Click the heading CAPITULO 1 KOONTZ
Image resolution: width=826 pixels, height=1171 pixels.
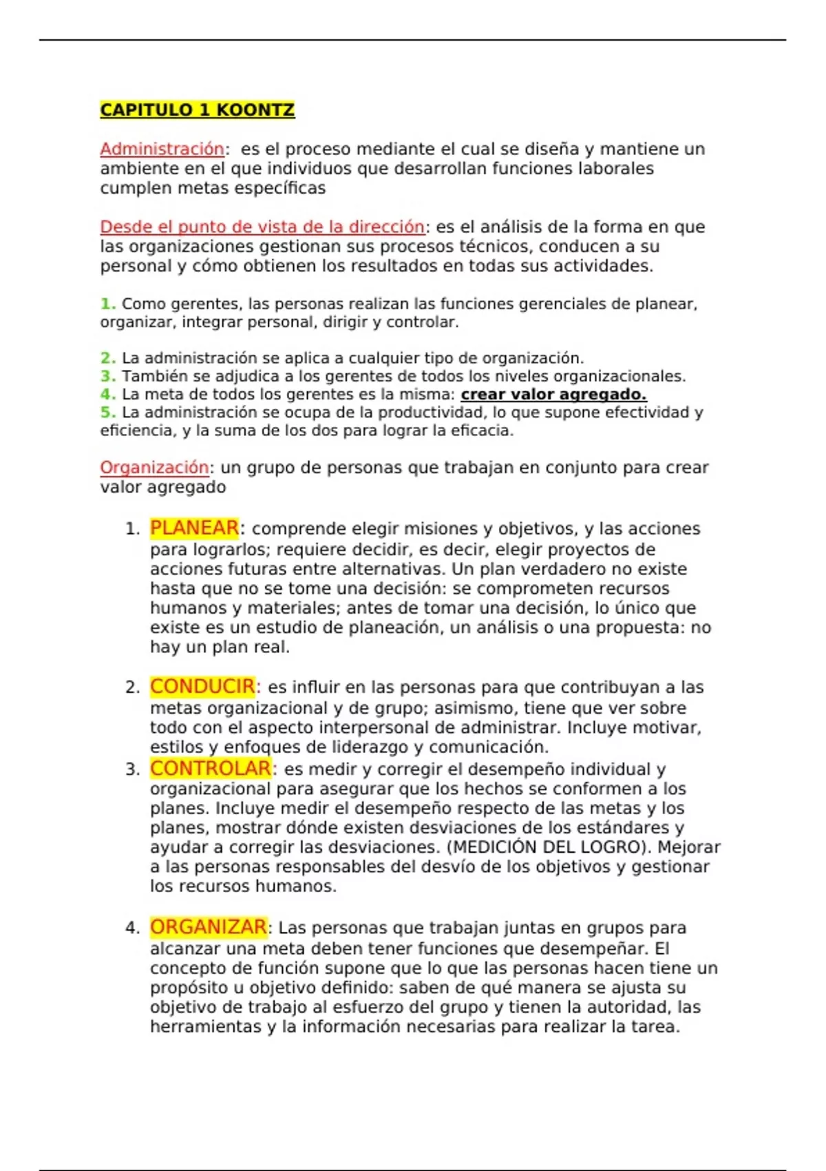[197, 110]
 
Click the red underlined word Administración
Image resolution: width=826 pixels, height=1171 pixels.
[162, 149]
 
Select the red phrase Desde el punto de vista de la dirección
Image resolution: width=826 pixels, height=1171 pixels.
[262, 227]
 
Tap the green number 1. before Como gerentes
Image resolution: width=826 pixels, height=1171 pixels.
[107, 304]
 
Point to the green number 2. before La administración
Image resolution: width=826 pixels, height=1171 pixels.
[107, 358]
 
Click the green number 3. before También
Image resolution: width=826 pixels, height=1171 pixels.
[107, 376]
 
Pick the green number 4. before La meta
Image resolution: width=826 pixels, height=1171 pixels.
[107, 394]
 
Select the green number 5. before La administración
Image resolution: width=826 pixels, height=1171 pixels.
[107, 412]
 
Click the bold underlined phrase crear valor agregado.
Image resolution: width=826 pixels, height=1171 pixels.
[553, 394]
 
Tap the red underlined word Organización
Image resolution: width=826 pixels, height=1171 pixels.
[154, 467]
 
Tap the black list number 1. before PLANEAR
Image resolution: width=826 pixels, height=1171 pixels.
[133, 529]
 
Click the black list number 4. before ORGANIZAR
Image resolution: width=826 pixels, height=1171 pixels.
[133, 928]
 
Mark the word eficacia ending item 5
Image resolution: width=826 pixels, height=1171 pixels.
[487, 431]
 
